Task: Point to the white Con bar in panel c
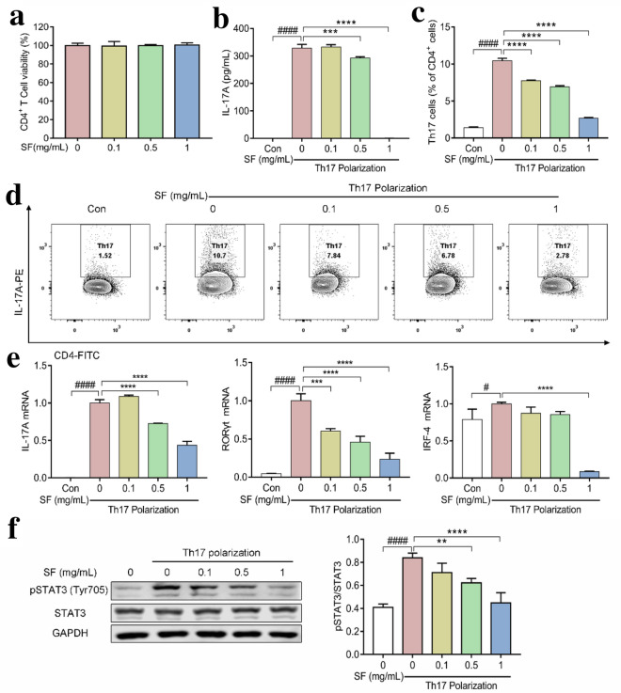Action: click(x=474, y=134)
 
